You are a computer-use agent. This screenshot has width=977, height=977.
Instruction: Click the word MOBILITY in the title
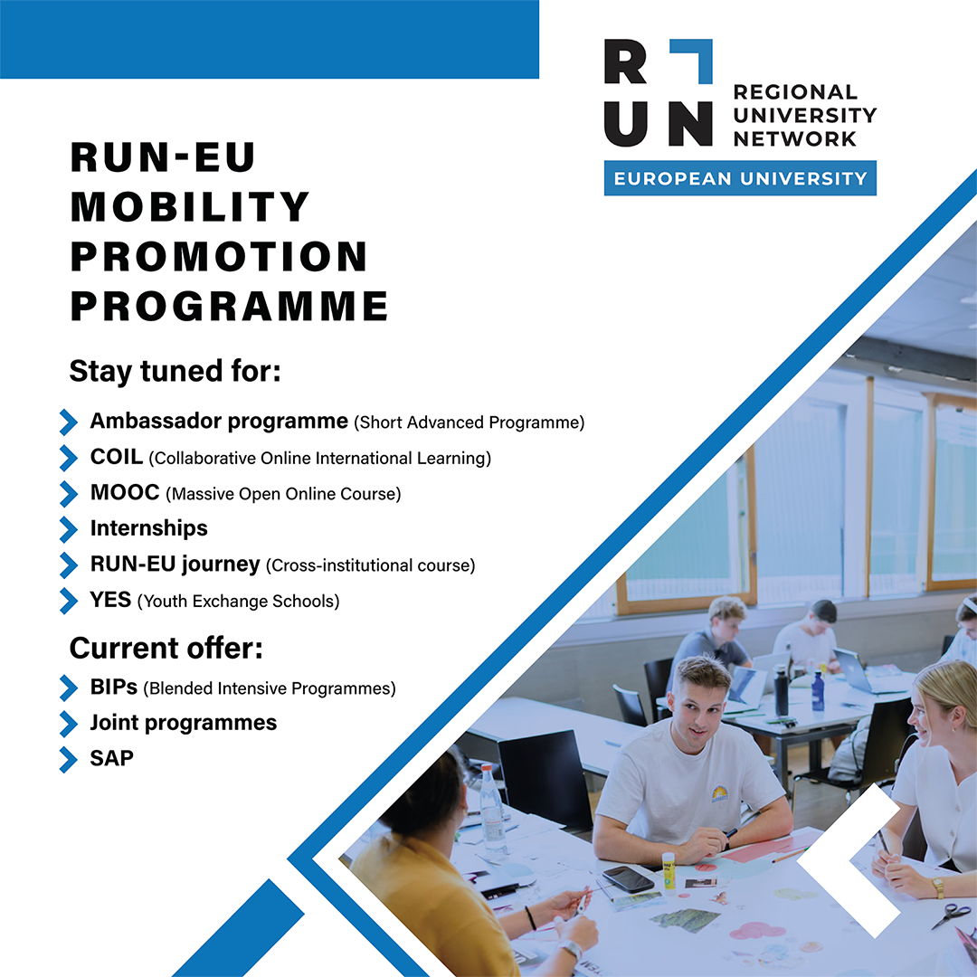point(189,206)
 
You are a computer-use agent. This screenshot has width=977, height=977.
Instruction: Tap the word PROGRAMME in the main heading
point(229,306)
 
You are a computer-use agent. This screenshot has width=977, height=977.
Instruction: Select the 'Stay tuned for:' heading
point(175,372)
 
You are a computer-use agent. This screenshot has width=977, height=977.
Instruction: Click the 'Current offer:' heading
point(166,648)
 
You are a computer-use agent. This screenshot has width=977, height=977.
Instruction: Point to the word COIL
point(117,457)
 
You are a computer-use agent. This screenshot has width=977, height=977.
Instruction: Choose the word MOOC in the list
point(125,492)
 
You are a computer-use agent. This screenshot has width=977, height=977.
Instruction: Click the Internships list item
point(149,528)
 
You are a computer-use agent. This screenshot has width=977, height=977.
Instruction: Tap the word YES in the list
point(110,600)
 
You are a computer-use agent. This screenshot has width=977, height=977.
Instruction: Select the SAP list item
point(111,758)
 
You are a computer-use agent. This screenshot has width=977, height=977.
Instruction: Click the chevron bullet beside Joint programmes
point(70,724)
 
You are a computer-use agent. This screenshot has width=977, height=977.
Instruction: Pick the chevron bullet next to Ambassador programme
point(70,422)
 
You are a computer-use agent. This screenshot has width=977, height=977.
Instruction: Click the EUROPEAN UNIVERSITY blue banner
point(740,178)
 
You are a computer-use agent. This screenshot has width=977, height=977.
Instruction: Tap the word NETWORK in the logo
point(795,138)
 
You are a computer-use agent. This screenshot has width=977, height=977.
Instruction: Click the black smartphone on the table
point(628,879)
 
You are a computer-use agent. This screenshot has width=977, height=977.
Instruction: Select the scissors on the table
point(951,915)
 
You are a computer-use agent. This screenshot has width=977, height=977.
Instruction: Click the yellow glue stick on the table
point(669,870)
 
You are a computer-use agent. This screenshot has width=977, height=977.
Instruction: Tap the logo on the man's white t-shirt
point(720,794)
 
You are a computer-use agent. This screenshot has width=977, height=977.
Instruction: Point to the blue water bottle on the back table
point(818,691)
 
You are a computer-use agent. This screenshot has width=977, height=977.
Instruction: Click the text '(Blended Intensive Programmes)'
point(270,688)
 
